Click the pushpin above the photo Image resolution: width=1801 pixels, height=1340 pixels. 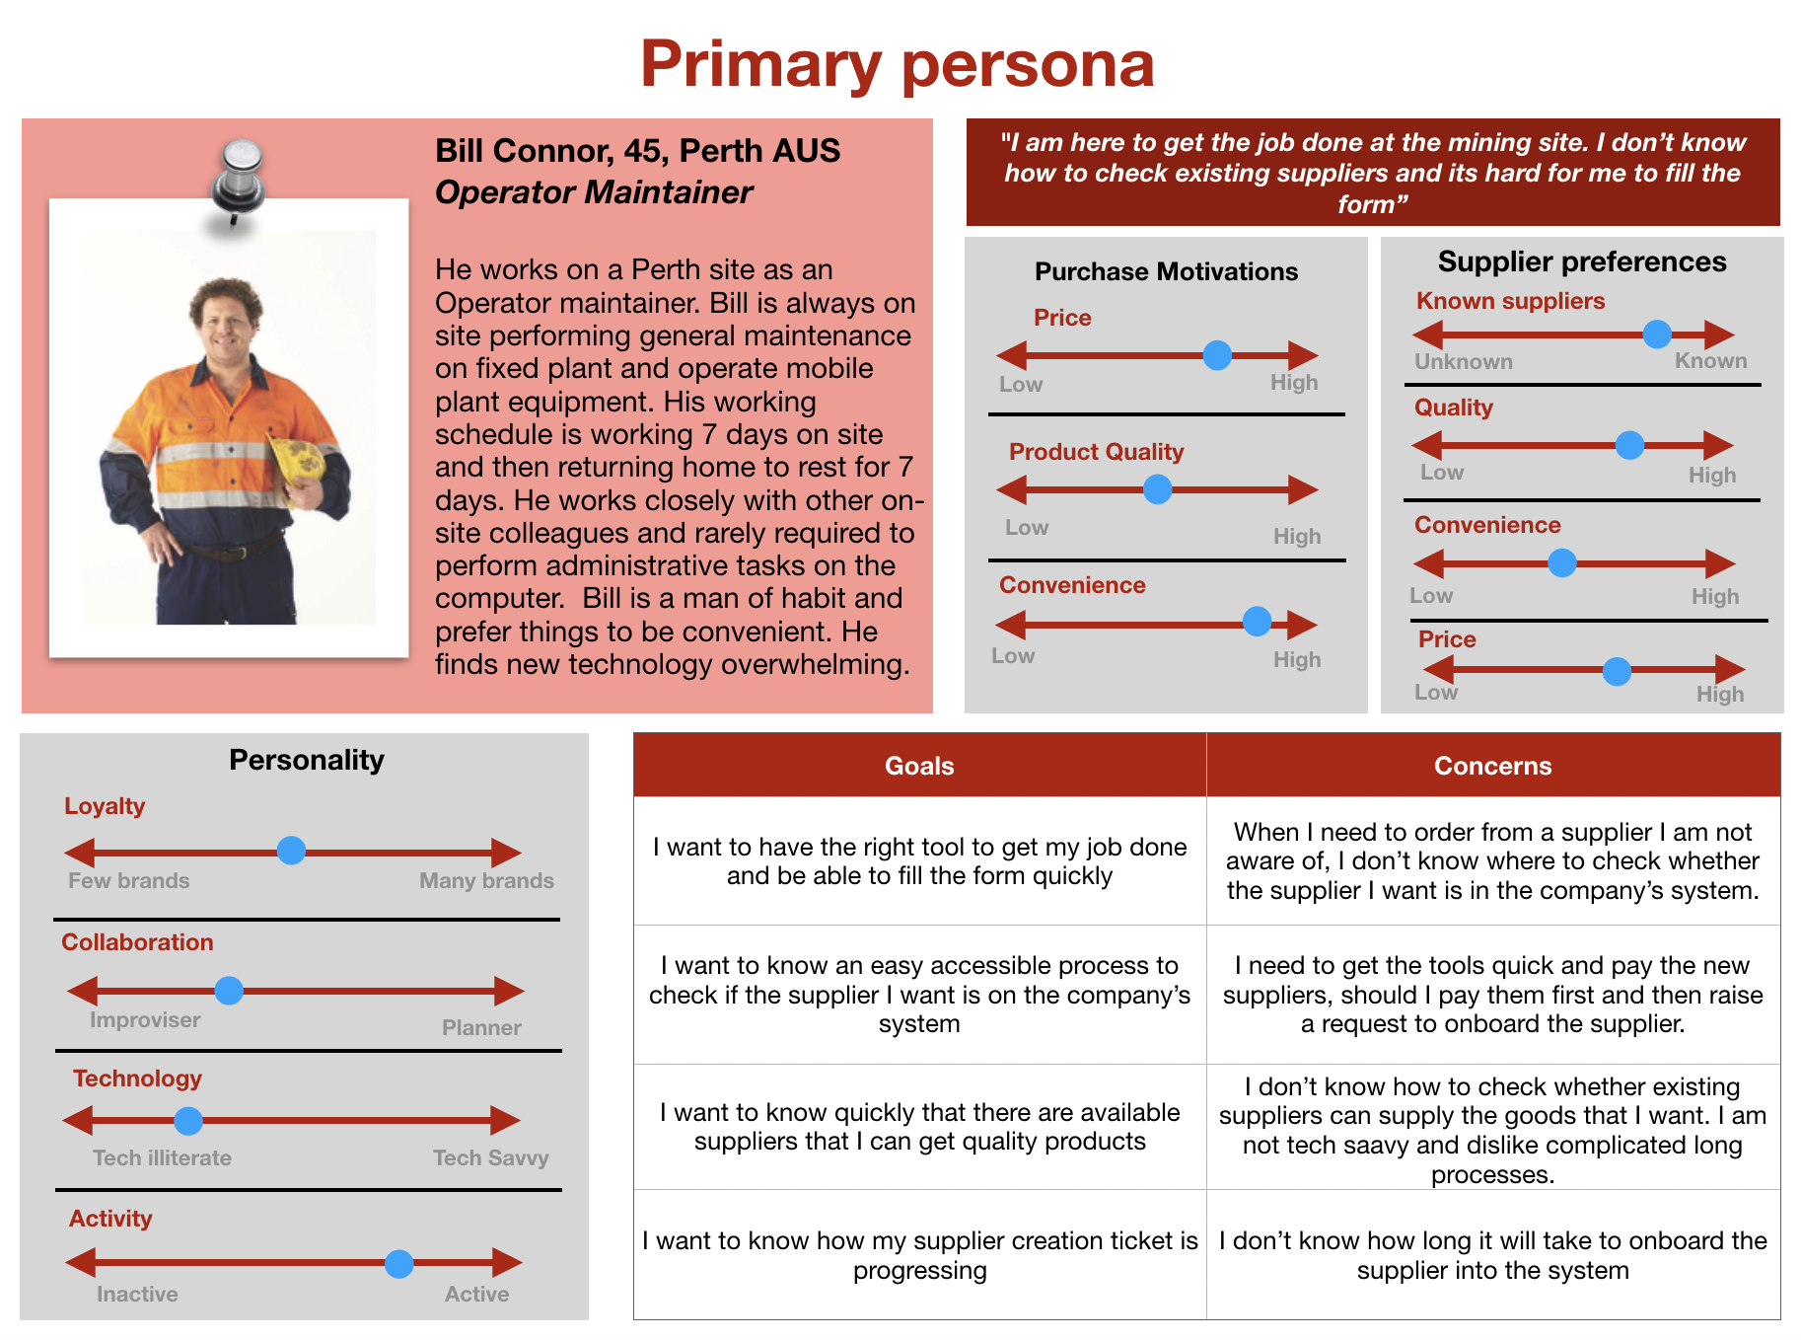pyautogui.click(x=239, y=178)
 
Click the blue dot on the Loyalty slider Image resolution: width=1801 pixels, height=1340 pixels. pyautogui.click(x=291, y=851)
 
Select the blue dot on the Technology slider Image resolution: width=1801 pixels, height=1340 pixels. pyautogui.click(x=188, y=1121)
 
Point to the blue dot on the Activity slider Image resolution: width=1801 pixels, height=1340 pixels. pyautogui.click(x=398, y=1263)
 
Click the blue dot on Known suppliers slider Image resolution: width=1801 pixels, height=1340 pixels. pyautogui.click(x=1657, y=335)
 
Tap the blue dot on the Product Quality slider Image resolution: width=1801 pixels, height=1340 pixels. pyautogui.click(x=1157, y=489)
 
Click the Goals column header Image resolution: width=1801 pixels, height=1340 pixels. pyautogui.click(x=919, y=766)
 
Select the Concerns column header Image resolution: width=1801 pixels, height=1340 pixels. pyautogui.click(x=1492, y=766)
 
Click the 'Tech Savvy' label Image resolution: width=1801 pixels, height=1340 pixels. pyautogui.click(x=490, y=1157)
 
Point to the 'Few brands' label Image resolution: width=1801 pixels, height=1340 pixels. pyautogui.click(x=129, y=880)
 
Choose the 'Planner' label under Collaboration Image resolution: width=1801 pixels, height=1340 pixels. pyautogui.click(x=481, y=1027)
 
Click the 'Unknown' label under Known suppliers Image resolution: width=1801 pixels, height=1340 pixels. pyautogui.click(x=1464, y=361)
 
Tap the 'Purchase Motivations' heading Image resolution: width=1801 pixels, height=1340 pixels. pyautogui.click(x=1166, y=271)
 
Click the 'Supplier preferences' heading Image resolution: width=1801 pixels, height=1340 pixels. pyautogui.click(x=1582, y=261)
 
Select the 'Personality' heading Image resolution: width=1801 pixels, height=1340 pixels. pyautogui.click(x=307, y=760)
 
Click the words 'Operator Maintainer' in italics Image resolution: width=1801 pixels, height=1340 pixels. pyautogui.click(x=594, y=192)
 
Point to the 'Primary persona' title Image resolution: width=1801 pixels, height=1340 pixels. pyautogui.click(x=897, y=64)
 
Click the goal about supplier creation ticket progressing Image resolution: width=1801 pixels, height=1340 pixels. pyautogui.click(x=919, y=1255)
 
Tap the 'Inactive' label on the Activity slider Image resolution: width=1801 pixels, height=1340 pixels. pyautogui.click(x=137, y=1294)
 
